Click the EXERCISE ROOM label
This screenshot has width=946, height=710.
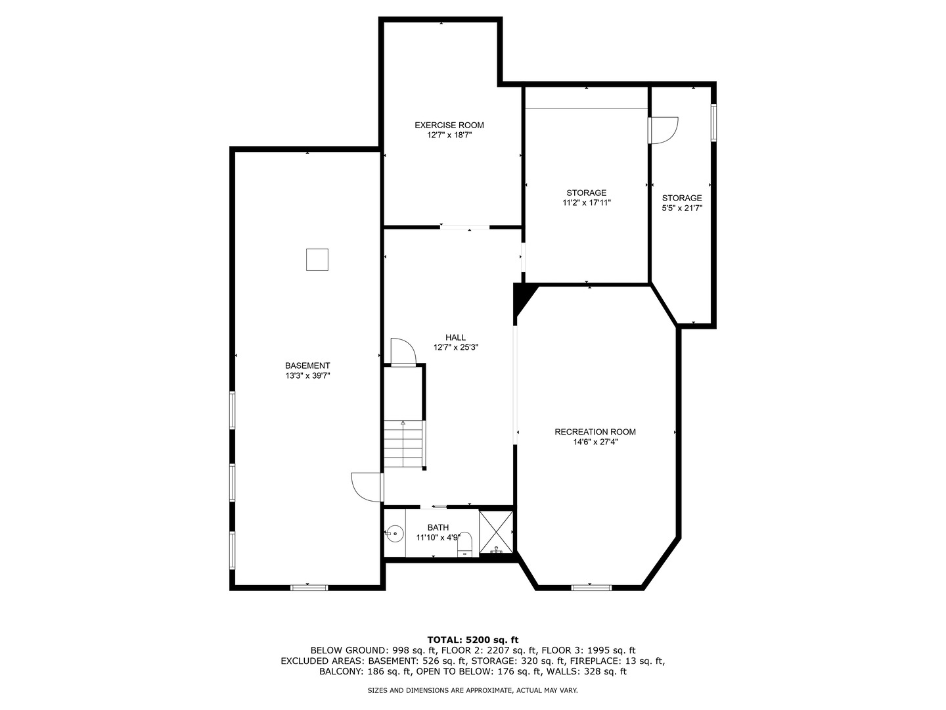(449, 125)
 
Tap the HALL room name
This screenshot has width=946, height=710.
(455, 337)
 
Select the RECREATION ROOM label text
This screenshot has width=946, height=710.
(595, 432)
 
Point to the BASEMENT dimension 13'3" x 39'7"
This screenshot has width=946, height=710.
(307, 376)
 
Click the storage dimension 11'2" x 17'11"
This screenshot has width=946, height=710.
(587, 203)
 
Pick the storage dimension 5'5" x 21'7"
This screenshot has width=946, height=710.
(682, 208)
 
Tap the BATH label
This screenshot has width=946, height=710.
(438, 527)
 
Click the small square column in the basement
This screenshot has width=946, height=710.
(317, 260)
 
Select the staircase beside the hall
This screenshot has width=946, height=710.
(404, 444)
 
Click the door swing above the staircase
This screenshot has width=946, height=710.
(402, 351)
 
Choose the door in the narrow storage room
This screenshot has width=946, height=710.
(662, 130)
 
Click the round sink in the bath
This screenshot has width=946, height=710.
(394, 533)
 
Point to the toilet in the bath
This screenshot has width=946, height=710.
(465, 544)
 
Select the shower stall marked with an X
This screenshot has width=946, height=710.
(496, 531)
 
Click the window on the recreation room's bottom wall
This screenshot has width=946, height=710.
(591, 587)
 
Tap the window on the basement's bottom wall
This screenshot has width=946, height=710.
(309, 587)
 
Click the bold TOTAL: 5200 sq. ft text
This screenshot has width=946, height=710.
(473, 640)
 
